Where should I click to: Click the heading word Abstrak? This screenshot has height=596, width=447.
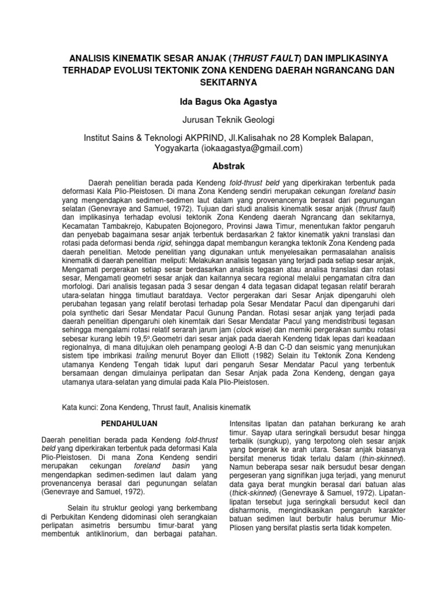pyautogui.click(x=223, y=165)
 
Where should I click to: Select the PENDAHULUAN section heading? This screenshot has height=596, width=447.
pyautogui.click(x=127, y=422)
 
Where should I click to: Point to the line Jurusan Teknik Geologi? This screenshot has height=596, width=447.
pyautogui.click(x=223, y=120)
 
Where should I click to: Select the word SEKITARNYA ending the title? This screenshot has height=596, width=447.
pyautogui.click(x=223, y=82)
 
